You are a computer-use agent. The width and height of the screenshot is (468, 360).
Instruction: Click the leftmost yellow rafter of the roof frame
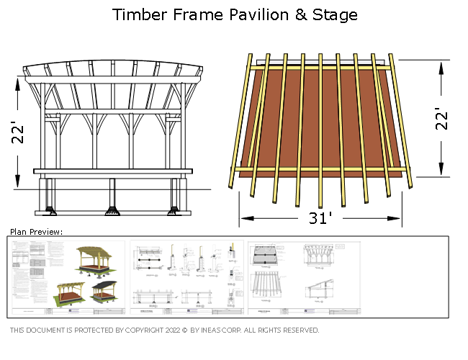point(240,122)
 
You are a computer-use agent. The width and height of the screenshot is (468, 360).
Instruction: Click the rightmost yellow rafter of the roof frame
point(401,122)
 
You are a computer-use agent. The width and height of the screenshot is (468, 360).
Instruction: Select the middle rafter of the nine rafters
point(320,130)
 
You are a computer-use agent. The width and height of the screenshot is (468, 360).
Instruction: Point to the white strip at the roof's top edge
point(320,63)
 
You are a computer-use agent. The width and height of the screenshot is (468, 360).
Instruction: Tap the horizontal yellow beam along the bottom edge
point(320,170)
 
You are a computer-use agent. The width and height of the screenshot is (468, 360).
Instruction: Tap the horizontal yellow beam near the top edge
point(320,68)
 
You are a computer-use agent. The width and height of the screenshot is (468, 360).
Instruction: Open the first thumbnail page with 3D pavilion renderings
point(68,277)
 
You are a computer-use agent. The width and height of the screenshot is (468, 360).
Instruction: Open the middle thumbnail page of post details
point(186,277)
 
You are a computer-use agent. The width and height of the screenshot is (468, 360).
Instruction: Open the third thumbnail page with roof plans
point(305,277)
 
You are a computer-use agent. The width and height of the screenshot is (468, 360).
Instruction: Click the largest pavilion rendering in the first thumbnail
point(93,260)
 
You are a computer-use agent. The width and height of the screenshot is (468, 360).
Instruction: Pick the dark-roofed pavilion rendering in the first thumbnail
point(104,290)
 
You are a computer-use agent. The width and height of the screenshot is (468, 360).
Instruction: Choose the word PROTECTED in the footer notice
point(94,330)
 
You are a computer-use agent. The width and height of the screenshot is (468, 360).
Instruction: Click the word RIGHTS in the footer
point(271,330)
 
